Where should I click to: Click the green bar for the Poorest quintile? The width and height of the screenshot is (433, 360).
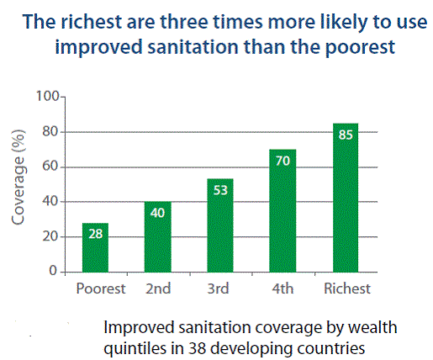pos(95,247)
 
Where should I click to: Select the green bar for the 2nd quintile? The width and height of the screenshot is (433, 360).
pos(158,237)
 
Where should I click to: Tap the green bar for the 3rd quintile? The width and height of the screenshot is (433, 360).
pos(220,225)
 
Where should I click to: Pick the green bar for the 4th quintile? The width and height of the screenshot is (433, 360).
pos(283,211)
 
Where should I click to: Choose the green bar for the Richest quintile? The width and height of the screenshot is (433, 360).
pos(346,198)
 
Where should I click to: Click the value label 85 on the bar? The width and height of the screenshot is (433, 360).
pos(346,135)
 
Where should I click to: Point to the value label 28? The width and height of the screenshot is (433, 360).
pos(96,234)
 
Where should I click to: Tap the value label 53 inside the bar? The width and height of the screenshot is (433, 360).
pos(220,190)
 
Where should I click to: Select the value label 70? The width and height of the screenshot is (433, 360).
pos(283,161)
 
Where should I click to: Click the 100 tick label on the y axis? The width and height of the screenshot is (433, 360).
pos(48,97)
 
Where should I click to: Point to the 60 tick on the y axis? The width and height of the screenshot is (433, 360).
pos(50,167)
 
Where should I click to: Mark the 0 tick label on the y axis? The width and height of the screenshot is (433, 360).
pos(53,271)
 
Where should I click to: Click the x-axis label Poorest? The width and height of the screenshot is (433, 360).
pos(101,289)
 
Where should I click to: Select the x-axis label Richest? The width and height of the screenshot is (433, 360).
pos(347,289)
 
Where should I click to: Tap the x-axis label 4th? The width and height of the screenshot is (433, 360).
pos(283,289)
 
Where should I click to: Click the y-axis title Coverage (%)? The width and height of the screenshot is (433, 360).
pos(18,177)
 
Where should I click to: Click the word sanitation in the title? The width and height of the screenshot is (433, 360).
pos(193,47)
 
